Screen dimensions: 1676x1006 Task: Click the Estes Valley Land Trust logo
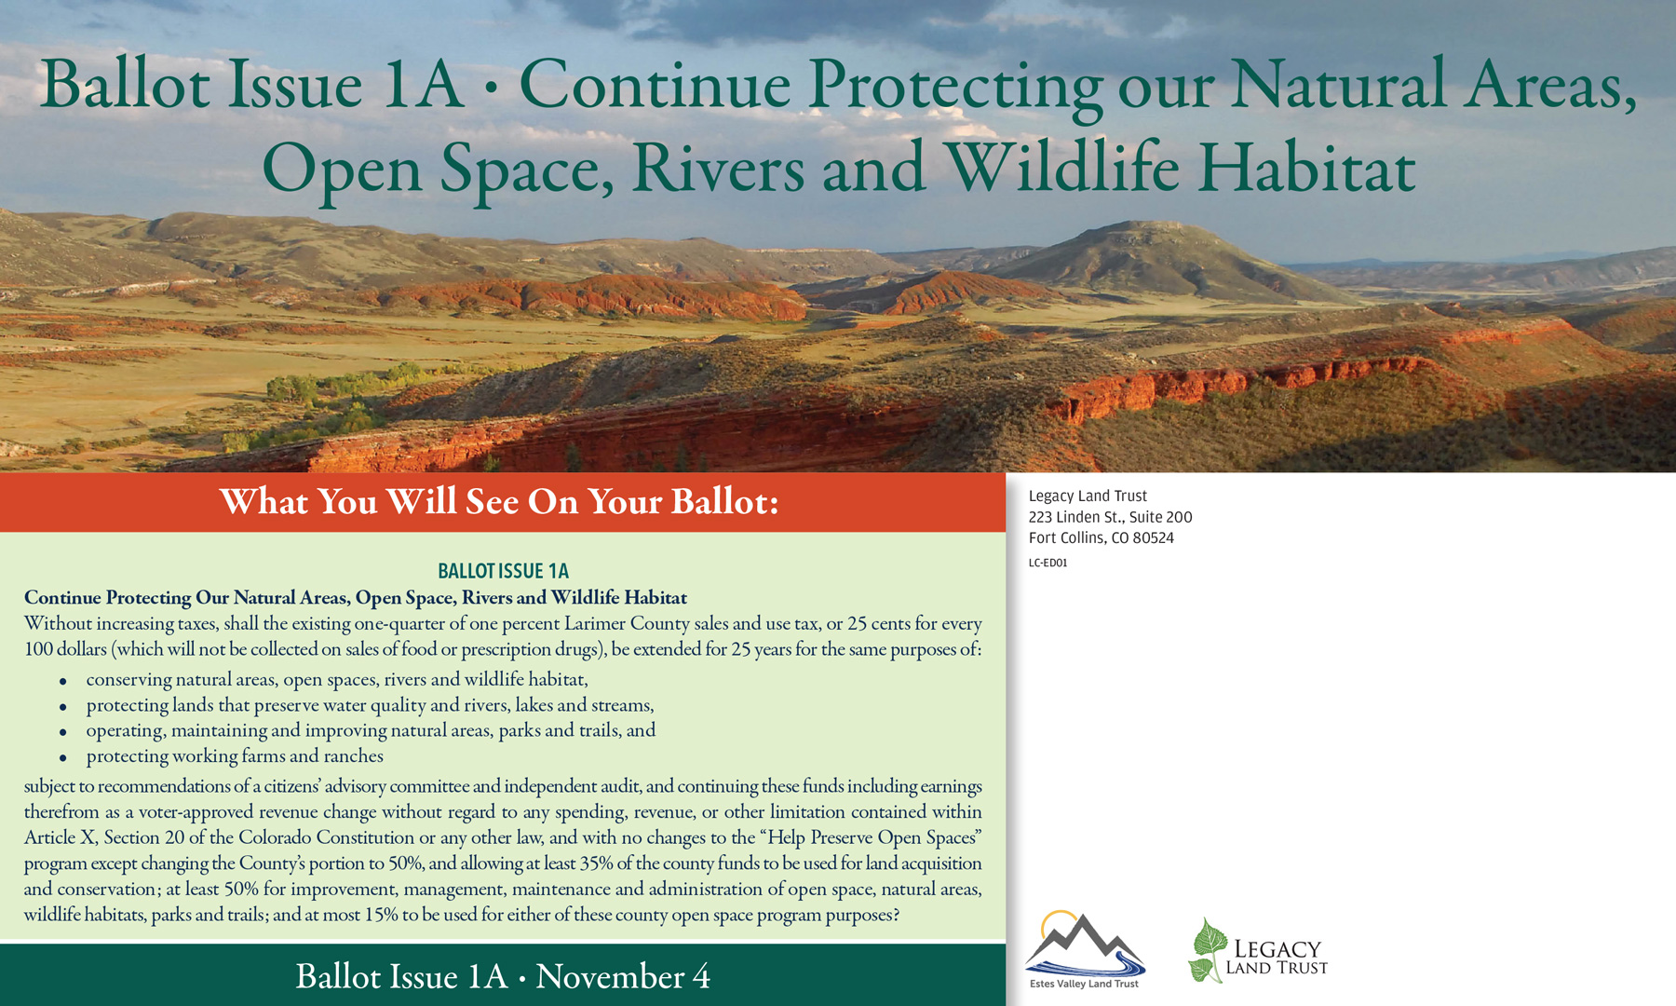1085,950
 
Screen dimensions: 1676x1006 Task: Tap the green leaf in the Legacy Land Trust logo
1208,950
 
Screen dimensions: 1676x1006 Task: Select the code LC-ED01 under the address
1047,563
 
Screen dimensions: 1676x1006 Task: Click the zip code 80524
1154,538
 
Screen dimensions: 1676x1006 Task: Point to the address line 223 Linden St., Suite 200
1110,517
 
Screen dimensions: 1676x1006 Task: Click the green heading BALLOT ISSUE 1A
503,571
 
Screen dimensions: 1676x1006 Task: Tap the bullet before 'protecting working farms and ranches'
63,758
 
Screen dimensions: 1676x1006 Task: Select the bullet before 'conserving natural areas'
63,682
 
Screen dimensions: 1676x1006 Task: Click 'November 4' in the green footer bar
623,976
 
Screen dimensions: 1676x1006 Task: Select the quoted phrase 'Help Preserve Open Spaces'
872,837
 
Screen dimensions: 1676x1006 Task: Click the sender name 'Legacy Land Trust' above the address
1088,496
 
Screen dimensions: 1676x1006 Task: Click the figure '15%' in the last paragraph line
381,915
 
